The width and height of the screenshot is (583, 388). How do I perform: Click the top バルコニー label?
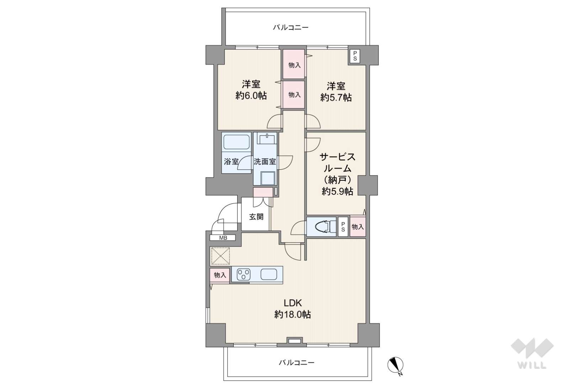click(x=291, y=27)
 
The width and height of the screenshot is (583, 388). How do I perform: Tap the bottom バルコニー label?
click(x=296, y=362)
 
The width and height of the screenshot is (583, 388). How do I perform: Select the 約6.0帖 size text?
click(x=251, y=96)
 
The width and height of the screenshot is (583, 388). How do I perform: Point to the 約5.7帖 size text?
click(x=336, y=98)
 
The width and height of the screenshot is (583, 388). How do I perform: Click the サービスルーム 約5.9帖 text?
click(x=337, y=174)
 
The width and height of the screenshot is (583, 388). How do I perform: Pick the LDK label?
click(x=292, y=303)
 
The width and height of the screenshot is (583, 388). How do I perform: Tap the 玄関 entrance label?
click(x=256, y=217)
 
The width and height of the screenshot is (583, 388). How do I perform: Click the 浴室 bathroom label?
click(x=231, y=162)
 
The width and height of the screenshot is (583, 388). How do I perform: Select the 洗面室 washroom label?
click(x=265, y=162)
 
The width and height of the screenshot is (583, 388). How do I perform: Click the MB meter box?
click(x=223, y=237)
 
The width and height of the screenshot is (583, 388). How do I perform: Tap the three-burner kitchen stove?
click(x=244, y=274)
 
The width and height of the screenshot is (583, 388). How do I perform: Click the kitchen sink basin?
click(x=269, y=274)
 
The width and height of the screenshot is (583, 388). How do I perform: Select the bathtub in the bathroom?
click(x=237, y=142)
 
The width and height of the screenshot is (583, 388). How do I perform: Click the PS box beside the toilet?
click(x=343, y=227)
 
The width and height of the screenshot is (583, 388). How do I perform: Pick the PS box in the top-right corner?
click(x=355, y=56)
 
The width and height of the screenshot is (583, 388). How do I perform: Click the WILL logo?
click(x=532, y=353)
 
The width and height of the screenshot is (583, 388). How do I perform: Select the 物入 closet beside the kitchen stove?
click(x=220, y=275)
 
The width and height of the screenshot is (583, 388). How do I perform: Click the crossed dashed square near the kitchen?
click(x=221, y=256)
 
